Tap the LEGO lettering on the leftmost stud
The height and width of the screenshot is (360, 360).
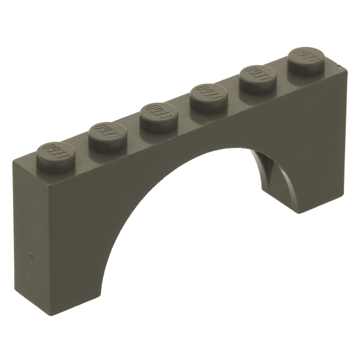pos(54,151)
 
